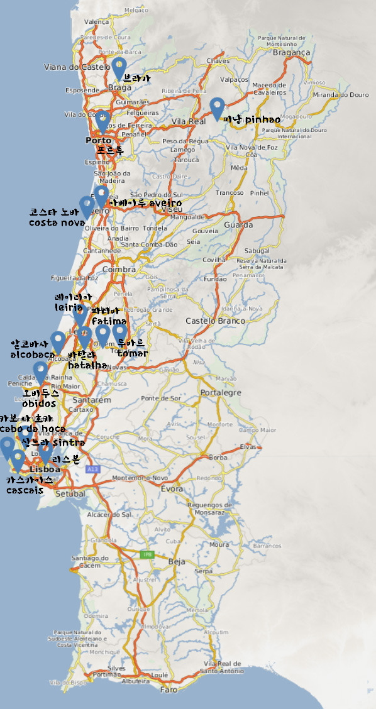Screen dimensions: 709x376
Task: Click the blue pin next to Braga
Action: [x=119, y=67]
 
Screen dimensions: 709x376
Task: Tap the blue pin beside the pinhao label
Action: [x=217, y=107]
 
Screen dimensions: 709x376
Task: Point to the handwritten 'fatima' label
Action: [x=109, y=321]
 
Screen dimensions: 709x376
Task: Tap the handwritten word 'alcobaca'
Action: [x=33, y=354]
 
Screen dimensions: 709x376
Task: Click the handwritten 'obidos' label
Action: [x=39, y=404]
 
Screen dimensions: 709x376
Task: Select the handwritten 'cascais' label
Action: [x=25, y=490]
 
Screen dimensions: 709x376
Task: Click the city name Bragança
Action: [x=292, y=53]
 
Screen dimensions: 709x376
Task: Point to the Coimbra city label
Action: [x=119, y=270]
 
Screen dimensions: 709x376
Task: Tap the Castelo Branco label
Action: [x=210, y=321]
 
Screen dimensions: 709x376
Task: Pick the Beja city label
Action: [x=177, y=561]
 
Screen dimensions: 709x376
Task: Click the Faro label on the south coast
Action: [x=169, y=689]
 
